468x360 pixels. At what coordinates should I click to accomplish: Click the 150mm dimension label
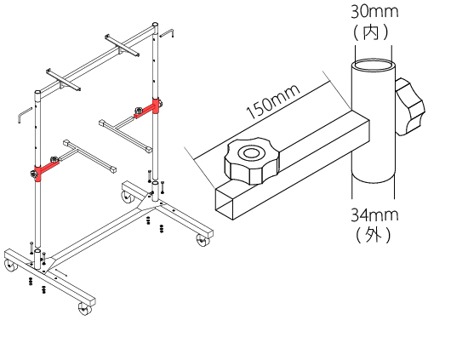(273, 101)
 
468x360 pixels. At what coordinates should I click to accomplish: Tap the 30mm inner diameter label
(374, 12)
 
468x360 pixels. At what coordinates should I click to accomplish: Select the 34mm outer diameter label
(374, 214)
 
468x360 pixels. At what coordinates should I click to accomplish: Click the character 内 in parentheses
(371, 32)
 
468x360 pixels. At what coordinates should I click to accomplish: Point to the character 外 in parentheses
(373, 235)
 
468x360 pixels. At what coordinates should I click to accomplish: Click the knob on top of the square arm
(251, 161)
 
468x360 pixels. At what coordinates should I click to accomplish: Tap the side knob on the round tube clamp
(409, 107)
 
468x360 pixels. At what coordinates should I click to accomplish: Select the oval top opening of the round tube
(373, 65)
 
